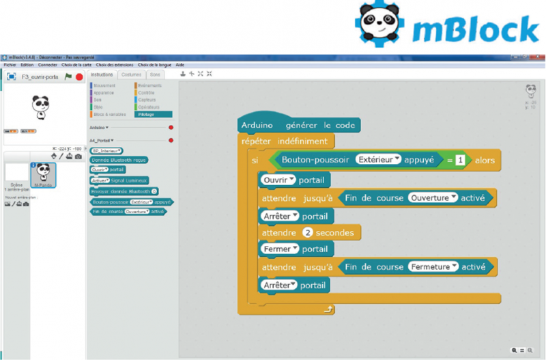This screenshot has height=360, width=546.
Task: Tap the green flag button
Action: [68, 77]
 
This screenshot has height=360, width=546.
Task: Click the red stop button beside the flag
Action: [79, 77]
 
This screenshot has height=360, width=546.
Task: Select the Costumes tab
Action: [131, 74]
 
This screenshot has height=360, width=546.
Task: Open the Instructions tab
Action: [102, 74]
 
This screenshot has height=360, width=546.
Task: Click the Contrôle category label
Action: [147, 93]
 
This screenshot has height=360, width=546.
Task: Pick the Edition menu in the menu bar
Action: [27, 64]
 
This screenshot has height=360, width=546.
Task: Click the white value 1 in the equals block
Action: [461, 160]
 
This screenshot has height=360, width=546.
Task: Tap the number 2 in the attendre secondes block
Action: [308, 233]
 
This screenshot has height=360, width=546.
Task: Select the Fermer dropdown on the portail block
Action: [279, 249]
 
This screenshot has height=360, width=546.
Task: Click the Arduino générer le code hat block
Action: [298, 126]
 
